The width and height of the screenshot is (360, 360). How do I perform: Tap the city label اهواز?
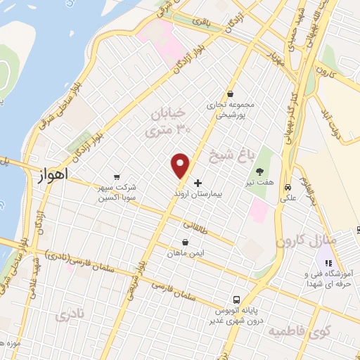(x=53, y=176)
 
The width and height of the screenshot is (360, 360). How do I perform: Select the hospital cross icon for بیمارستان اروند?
(x=198, y=182)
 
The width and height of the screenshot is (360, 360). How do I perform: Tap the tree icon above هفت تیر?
(x=260, y=171)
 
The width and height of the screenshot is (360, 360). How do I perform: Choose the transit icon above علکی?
(x=288, y=187)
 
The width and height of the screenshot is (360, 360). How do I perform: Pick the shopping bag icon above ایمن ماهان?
(x=184, y=242)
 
